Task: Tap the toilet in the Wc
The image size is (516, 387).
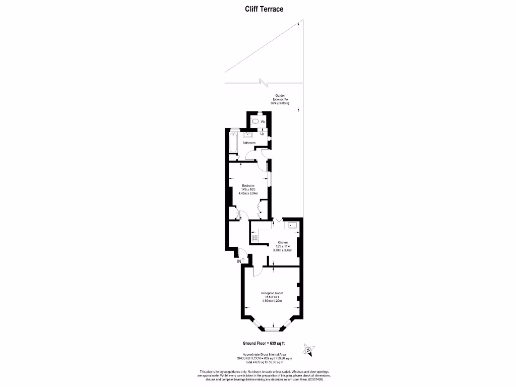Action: tap(256, 122)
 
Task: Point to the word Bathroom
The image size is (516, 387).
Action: tap(249, 143)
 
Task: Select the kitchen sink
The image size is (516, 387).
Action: tap(292, 225)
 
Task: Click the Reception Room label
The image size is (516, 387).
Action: tap(272, 293)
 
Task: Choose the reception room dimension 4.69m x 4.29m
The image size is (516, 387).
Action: tap(272, 301)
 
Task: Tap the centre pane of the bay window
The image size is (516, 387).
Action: tap(272, 330)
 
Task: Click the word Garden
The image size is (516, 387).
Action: tap(280, 95)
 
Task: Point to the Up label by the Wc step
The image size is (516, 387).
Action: tap(263, 134)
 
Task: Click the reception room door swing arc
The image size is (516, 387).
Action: tap(255, 272)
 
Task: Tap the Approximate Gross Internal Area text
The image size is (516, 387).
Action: tap(261, 354)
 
